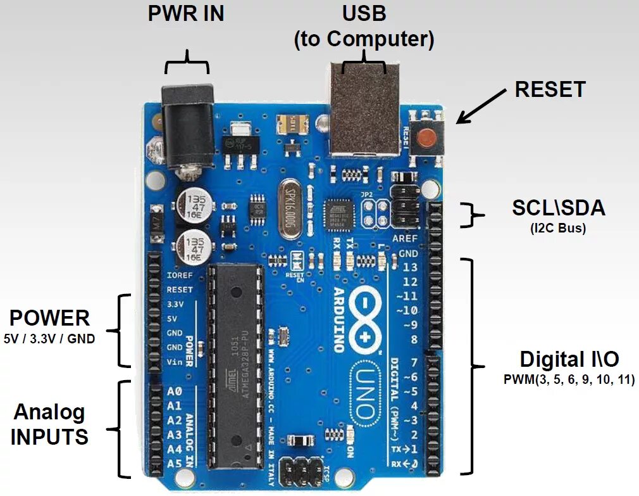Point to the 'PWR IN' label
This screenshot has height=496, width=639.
coord(186,14)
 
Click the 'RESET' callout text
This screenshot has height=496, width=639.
coord(550,89)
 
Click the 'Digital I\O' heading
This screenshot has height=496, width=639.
coord(569,360)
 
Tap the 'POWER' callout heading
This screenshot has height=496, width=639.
coord(49,317)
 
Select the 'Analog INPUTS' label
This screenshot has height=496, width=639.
coord(49,424)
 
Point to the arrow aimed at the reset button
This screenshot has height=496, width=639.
coord(481,105)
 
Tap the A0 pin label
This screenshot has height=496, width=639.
coord(174,391)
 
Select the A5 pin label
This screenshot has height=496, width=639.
coord(174,463)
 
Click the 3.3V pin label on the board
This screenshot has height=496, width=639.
coord(175,304)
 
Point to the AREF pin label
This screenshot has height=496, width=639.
coord(406,239)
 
